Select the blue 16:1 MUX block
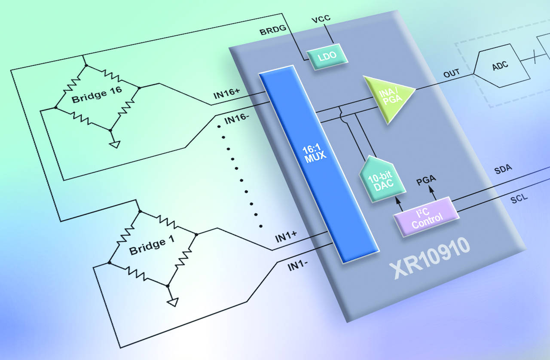[x=318, y=163]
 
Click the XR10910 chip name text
[x=429, y=257]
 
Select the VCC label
[x=321, y=20]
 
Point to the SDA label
[x=503, y=168]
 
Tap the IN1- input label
[x=298, y=266]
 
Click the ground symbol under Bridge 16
[x=114, y=144]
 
